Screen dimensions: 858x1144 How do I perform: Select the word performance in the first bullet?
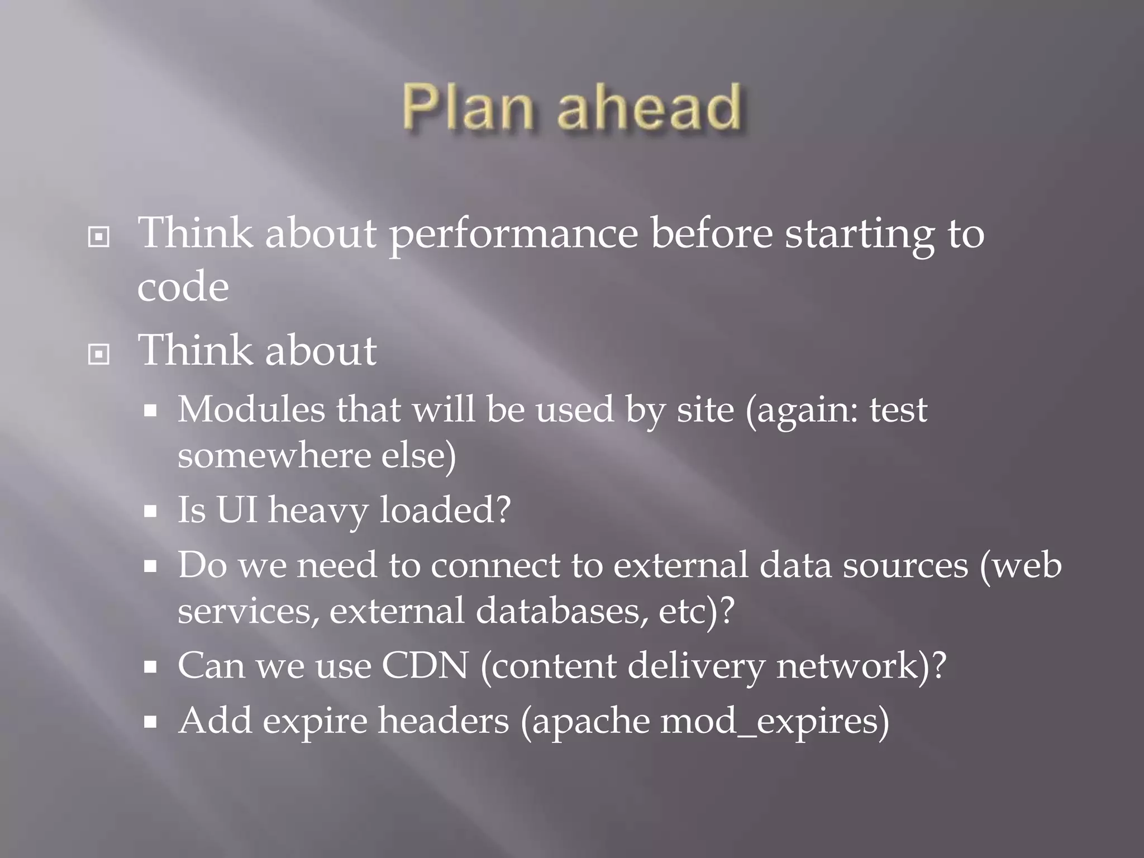tap(513, 235)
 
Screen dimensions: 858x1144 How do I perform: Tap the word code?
tap(183, 287)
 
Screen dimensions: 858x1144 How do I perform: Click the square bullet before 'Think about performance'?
tap(99, 237)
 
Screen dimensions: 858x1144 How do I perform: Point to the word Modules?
tap(251, 409)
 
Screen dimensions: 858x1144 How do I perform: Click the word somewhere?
tap(273, 455)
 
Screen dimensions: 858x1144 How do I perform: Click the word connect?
tap(495, 565)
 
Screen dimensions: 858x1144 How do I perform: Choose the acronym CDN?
tap(425, 666)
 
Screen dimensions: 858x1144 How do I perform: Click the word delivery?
tap(695, 666)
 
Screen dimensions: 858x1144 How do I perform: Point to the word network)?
tap(861, 666)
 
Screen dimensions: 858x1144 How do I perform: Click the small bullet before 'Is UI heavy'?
tap(150, 511)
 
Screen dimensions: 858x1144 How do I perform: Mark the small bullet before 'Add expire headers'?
tap(150, 723)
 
